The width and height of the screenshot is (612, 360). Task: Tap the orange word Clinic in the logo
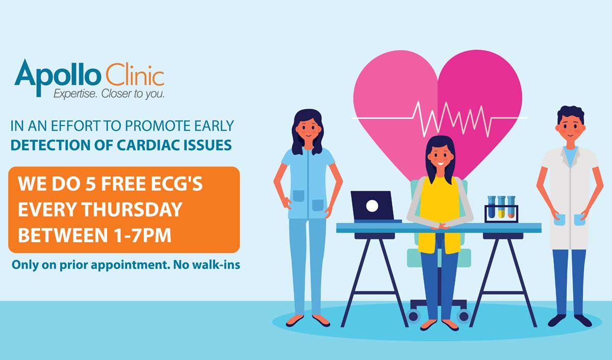(135, 74)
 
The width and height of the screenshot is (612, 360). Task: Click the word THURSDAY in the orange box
(132, 210)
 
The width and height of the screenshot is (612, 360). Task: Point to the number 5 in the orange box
(91, 184)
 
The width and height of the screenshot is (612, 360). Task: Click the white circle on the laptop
(372, 206)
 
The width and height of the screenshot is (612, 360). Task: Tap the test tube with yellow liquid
(501, 208)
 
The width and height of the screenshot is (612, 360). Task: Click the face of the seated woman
(440, 158)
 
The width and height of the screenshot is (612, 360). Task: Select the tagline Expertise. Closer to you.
(109, 94)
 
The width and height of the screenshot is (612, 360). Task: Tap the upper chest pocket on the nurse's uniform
(298, 196)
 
